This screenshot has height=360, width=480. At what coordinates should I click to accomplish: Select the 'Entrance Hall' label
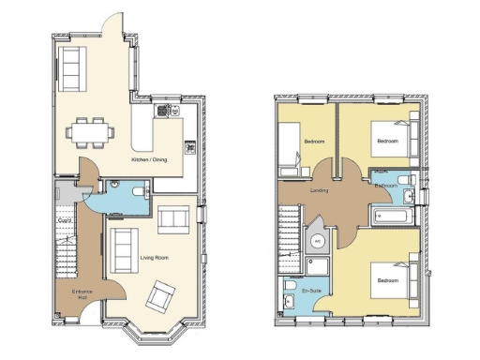(x=82, y=293)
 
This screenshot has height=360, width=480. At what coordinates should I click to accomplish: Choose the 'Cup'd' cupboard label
(x=64, y=220)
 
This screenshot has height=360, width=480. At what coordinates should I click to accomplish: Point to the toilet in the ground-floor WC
(x=139, y=192)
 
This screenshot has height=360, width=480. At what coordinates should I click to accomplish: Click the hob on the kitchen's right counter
(x=190, y=146)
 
